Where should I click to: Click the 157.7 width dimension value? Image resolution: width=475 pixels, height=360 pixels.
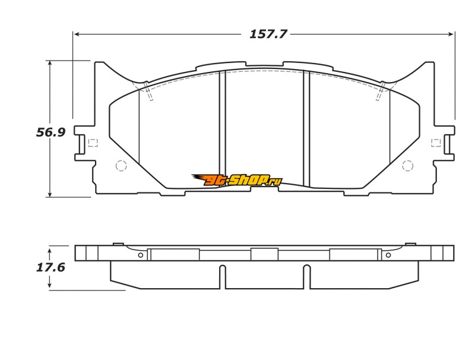coord(268,34)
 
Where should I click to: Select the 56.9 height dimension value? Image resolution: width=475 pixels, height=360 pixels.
coord(50,132)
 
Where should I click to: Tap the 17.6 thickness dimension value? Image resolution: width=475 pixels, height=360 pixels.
coord(50,267)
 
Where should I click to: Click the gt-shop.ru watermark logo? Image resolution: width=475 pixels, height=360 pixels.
coord(237,180)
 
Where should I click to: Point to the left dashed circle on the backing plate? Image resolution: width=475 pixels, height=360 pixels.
coord(121,166)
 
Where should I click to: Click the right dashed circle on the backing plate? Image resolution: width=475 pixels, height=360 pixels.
coord(407,166)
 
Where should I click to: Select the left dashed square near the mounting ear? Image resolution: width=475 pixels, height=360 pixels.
coord(93,143)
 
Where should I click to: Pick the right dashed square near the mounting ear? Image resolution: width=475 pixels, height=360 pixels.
coord(436,143)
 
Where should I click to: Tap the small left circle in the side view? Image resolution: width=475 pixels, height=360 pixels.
coord(141,255)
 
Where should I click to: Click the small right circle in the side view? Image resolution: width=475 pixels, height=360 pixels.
coord(388,255)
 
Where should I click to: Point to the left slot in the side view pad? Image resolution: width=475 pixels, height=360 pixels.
coord(222,277)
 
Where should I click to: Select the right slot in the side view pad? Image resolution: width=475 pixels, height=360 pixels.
coord(307,277)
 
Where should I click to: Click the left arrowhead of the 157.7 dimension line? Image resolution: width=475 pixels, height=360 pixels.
coord(77,34)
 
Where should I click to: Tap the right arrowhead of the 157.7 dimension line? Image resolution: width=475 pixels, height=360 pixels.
coord(451,34)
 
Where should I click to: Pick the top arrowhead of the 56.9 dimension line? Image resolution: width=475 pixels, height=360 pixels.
coord(50,63)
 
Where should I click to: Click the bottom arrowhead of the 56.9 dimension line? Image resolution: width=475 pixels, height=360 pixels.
coord(50,194)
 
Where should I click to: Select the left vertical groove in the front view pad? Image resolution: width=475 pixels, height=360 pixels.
coord(222,129)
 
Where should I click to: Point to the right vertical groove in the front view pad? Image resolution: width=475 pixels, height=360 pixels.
coord(306,129)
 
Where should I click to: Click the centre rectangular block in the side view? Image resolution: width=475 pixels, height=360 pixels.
coord(264,254)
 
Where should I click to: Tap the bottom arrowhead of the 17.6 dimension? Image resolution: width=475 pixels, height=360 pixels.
coord(49,286)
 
